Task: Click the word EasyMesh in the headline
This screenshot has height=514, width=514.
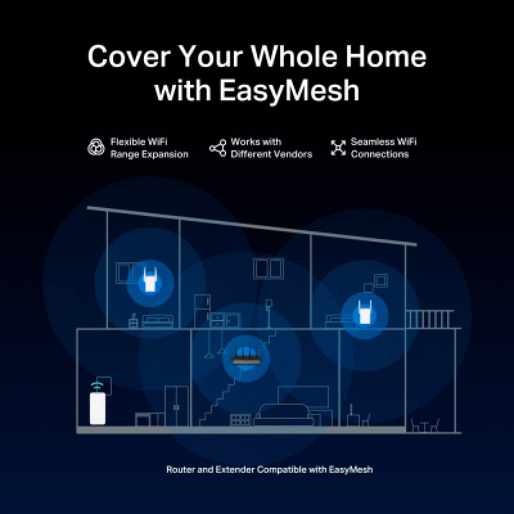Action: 290,91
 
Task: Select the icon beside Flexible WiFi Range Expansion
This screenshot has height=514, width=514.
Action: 96,147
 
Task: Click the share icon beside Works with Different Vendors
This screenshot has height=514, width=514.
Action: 218,148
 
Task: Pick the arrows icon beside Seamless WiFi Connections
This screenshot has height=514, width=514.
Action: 339,148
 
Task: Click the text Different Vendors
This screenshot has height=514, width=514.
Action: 271,154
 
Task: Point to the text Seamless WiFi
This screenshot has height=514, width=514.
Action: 384,141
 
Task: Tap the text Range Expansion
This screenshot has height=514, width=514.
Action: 150,154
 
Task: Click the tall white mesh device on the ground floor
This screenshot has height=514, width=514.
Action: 98,409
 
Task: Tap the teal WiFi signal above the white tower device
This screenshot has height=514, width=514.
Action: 98,385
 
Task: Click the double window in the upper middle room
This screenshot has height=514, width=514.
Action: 269,269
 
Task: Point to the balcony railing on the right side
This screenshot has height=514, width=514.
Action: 429,319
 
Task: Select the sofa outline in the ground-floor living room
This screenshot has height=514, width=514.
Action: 283,415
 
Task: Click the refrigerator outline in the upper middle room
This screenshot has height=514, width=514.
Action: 202,311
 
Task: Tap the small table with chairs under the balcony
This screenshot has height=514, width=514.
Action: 425,425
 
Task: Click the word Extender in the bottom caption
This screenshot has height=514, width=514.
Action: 235,470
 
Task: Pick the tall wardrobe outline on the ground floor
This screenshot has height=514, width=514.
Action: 176,406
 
